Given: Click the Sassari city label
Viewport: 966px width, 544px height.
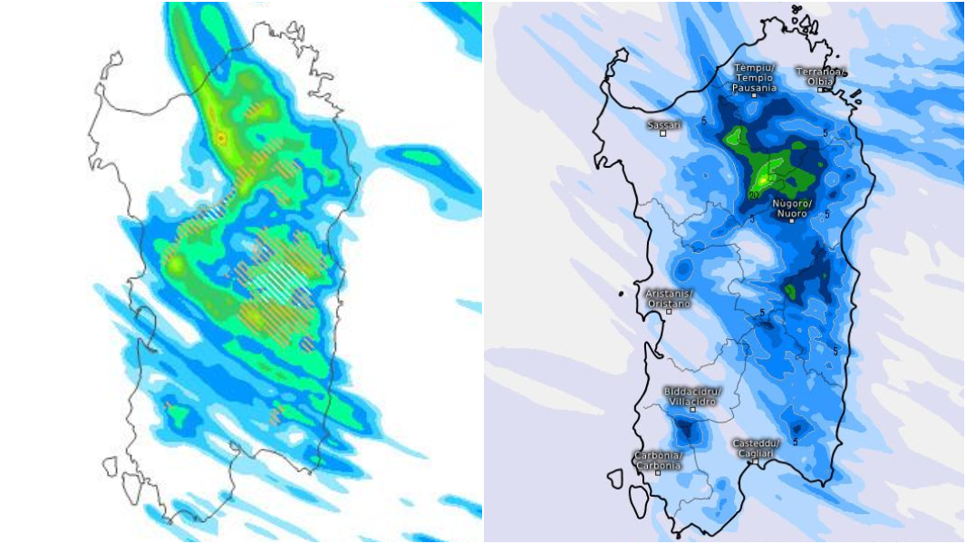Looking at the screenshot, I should (x=664, y=123).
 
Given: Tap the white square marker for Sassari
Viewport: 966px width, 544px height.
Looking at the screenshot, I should (x=663, y=133).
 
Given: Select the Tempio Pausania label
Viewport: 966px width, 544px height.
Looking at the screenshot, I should (x=754, y=78).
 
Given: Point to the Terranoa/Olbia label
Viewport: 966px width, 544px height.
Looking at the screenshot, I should (x=821, y=76).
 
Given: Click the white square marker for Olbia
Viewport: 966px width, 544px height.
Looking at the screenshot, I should (x=819, y=90).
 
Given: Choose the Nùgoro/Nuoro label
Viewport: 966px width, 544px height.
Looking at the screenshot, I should (x=793, y=208).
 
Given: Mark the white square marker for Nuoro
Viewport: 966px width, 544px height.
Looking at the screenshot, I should (x=791, y=220).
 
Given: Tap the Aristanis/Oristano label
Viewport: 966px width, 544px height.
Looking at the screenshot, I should (x=669, y=298).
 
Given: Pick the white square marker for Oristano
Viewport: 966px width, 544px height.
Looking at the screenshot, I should (x=669, y=311).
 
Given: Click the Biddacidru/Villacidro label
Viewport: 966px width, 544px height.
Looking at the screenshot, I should (x=693, y=396).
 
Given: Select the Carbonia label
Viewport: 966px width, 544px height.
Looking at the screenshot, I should (x=657, y=461).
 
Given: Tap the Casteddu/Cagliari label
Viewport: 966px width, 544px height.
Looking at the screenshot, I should (x=755, y=448).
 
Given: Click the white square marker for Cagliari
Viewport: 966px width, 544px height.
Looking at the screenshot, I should (x=752, y=461).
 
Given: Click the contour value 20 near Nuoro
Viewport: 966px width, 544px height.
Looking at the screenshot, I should (x=753, y=194).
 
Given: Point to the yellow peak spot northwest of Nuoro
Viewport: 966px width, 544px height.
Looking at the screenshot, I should (x=764, y=180).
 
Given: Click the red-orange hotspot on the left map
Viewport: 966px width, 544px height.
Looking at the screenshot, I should (x=220, y=138).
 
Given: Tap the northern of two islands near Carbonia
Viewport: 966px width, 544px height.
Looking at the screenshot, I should (x=616, y=478).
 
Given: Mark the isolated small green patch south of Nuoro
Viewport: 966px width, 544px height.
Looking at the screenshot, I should (x=791, y=291).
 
